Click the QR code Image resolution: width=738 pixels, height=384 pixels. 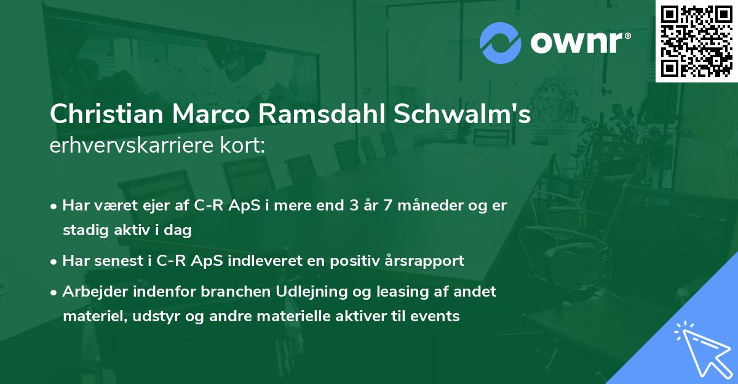pos(696,41)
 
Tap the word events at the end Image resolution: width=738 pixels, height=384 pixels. pos(438,316)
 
